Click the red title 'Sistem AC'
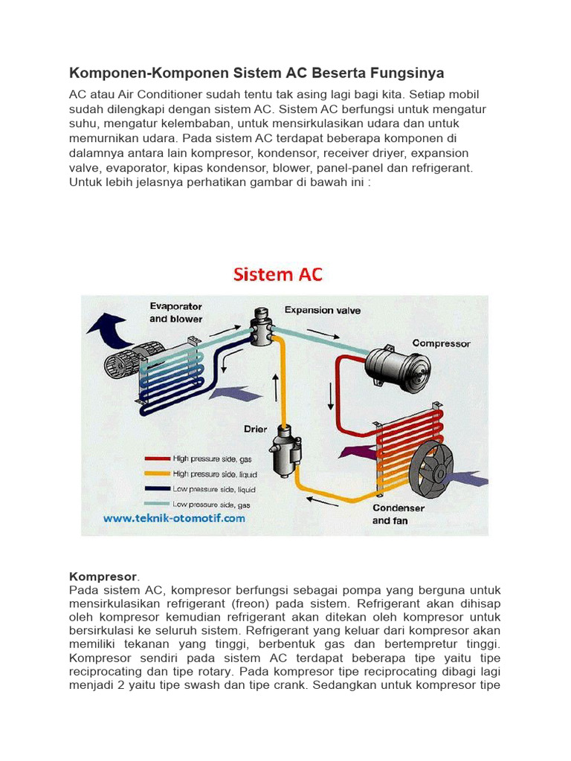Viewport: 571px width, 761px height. click(278, 274)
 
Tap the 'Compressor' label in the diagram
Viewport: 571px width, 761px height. click(442, 343)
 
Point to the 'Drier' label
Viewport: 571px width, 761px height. click(256, 429)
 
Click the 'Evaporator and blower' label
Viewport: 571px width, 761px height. click(175, 312)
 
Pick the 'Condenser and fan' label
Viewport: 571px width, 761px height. click(399, 514)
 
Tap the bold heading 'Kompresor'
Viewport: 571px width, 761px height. click(103, 577)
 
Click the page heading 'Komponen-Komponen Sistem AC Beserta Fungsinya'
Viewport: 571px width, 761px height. click(257, 73)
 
